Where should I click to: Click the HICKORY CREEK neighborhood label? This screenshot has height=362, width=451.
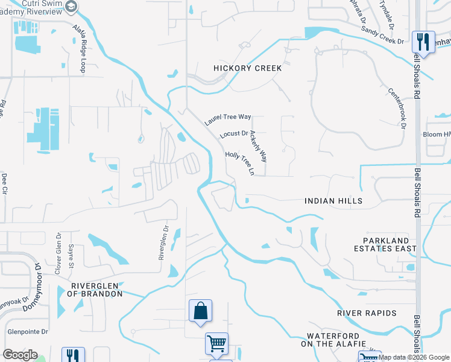(247, 68)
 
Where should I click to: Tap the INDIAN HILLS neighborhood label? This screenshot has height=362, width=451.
(333, 201)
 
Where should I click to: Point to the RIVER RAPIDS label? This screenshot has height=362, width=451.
(367, 313)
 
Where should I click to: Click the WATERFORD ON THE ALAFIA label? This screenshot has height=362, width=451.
(333, 340)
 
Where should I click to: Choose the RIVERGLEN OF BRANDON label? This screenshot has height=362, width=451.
(96, 290)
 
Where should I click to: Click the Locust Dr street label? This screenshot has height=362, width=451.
(235, 134)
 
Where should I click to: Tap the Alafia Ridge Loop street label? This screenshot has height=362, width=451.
(80, 49)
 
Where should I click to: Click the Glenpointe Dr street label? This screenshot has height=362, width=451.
(28, 332)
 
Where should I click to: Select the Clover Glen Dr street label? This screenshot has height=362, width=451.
(58, 254)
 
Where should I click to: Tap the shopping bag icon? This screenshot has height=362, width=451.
(200, 311)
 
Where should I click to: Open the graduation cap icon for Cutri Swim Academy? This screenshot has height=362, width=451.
(71, 7)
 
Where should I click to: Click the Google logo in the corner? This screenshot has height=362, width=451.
(20, 355)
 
